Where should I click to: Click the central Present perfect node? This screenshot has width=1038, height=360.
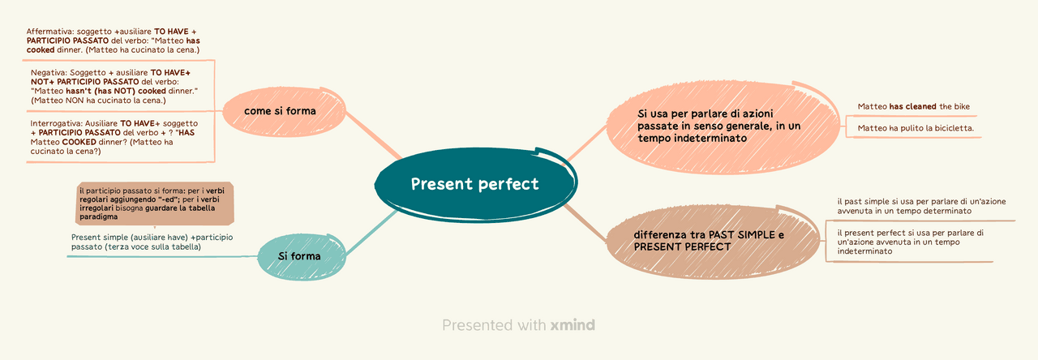475,184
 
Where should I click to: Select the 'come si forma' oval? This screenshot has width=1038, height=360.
284,111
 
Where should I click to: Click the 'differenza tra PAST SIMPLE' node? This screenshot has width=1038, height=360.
713,241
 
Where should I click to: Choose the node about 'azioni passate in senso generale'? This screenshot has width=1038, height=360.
723,126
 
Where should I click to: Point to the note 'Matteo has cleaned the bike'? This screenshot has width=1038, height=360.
913,106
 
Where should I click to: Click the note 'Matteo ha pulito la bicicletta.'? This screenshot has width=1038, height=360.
916,128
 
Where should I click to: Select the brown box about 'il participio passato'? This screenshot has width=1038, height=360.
155,204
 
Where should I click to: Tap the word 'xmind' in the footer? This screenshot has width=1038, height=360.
573,325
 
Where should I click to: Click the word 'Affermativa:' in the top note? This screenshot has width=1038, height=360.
50,32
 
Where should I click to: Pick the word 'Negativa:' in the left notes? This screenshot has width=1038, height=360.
49,73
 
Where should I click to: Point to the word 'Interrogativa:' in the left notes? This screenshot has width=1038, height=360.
57,124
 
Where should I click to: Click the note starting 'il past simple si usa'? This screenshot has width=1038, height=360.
921,206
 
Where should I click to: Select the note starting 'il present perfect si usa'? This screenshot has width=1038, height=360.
910,242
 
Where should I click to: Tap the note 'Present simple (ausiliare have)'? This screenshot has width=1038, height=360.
152,242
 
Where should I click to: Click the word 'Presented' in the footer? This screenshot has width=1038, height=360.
478,325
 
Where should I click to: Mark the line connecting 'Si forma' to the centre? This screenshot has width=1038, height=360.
371,233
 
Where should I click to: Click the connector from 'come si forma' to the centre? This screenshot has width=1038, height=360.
374,135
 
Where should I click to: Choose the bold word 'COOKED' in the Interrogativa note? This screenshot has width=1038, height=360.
79,142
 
